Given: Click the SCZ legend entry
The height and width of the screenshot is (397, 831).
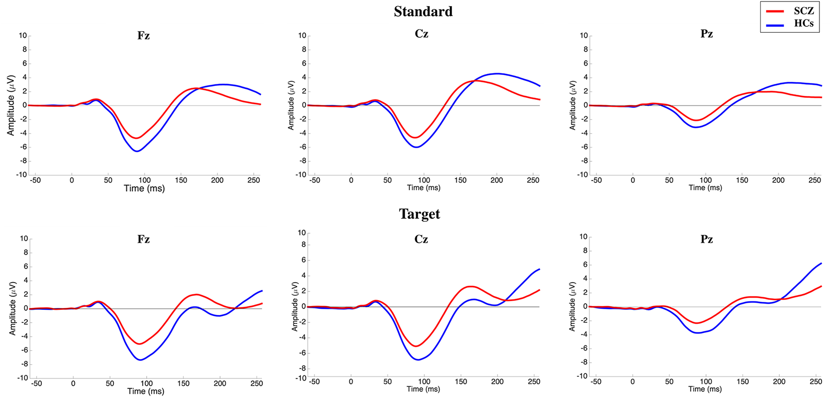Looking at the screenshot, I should [x=803, y=11].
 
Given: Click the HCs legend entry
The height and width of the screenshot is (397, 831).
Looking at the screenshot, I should [x=803, y=23].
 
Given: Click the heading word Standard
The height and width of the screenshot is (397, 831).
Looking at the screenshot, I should [x=423, y=11].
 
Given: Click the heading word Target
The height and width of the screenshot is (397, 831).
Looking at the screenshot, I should [x=419, y=214].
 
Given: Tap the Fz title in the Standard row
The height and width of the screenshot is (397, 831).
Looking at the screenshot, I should [x=144, y=36].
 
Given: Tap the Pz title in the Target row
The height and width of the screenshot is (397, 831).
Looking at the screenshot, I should [x=706, y=239].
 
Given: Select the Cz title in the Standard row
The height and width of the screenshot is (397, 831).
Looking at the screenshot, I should [x=421, y=34].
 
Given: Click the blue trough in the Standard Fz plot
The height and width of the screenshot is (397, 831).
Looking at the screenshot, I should [x=136, y=151].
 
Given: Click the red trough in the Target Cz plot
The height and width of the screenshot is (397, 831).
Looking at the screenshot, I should [x=416, y=346].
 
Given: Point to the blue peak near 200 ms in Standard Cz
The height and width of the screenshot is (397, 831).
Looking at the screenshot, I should [x=497, y=74].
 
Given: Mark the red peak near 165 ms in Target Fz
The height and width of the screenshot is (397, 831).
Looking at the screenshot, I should [x=196, y=294].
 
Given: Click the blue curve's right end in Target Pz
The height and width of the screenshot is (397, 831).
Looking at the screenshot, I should [x=821, y=263].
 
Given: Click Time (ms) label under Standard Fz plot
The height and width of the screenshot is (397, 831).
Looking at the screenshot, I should [x=144, y=188].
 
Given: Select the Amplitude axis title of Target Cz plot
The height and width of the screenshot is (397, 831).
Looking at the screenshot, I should [x=295, y=307].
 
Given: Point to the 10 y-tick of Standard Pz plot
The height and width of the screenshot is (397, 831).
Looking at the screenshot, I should [x=583, y=36].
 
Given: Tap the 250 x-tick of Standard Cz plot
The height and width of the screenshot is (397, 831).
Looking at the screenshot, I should [x=533, y=180].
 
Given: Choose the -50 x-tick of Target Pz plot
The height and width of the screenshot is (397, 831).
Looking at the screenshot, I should [x=596, y=382].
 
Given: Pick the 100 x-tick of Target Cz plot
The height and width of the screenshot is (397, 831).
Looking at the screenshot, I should [x=424, y=382].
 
